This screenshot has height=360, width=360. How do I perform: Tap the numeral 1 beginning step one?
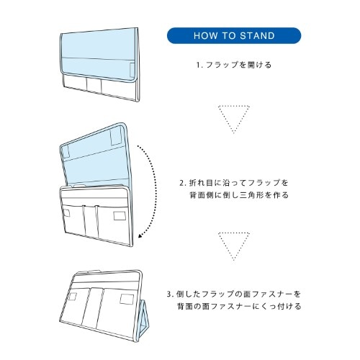(198, 65)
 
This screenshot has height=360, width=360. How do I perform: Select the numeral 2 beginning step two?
(182, 184)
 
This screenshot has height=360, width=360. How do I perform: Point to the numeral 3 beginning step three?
(169, 294)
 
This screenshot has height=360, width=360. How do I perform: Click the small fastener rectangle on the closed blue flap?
(132, 70)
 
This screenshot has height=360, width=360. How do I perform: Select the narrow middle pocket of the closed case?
(94, 86)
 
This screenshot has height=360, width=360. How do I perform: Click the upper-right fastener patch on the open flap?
(116, 137)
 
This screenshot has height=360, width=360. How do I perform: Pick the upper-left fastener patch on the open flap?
(66, 152)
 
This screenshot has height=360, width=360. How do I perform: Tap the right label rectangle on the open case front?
(120, 216)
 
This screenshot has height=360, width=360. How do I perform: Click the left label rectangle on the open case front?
(66, 213)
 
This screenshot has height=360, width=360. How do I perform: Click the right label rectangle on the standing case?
(127, 299)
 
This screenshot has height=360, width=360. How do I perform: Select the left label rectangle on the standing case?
(73, 297)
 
